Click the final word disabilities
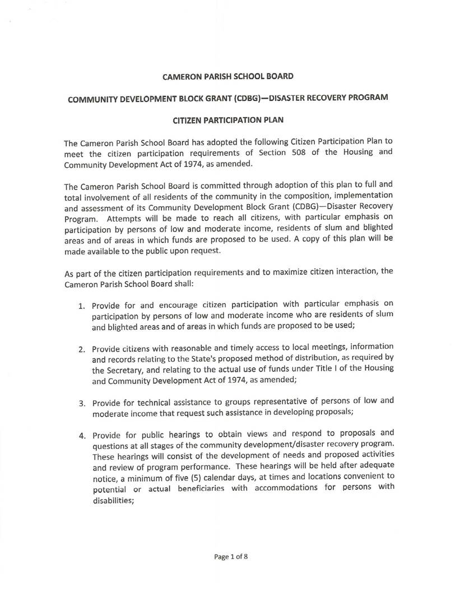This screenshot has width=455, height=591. click(x=113, y=497)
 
